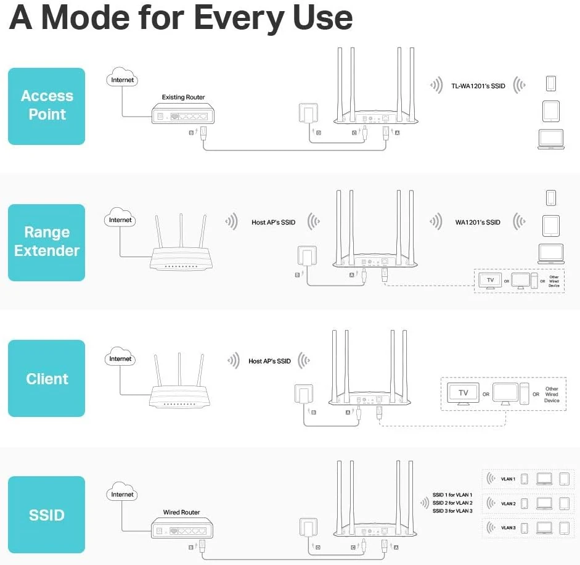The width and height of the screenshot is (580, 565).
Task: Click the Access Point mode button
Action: tap(47, 105)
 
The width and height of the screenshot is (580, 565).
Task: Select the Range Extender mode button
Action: tap(47, 242)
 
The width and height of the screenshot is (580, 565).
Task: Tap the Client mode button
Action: tap(47, 379)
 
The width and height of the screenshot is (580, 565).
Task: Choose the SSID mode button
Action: tap(47, 515)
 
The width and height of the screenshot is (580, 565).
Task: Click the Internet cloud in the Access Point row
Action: tap(121, 80)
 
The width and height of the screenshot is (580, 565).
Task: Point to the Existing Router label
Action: tap(183, 97)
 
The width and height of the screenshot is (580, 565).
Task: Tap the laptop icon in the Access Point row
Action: tap(550, 139)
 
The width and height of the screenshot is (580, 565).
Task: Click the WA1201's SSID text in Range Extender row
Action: tap(478, 222)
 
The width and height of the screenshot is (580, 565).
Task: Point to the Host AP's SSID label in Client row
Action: tap(269, 361)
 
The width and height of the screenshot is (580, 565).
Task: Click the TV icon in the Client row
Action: tap(463, 393)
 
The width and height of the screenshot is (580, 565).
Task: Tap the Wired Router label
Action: tap(181, 513)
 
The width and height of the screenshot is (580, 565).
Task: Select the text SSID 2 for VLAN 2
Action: tap(452, 503)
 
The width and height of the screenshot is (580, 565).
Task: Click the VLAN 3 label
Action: tap(508, 528)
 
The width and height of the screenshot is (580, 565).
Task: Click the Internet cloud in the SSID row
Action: tap(121, 494)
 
